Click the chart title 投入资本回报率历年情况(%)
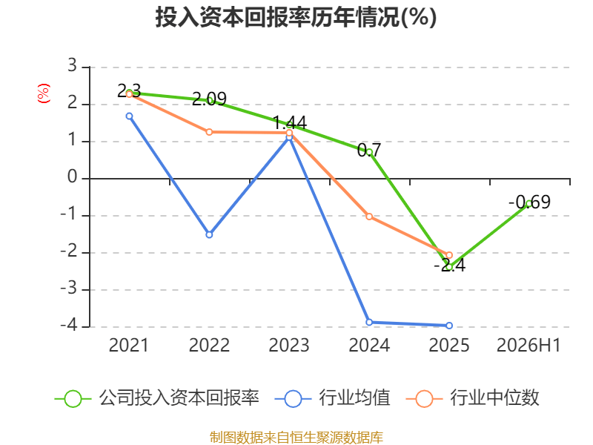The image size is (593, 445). [296, 17]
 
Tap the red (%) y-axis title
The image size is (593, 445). [44, 93]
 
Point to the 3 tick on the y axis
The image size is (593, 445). [72, 66]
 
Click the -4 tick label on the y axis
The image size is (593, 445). [68, 326]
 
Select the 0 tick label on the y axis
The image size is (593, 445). [72, 177]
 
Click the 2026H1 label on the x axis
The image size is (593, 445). [529, 345]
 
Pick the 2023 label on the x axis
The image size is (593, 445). [289, 345]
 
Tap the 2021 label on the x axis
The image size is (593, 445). [129, 345]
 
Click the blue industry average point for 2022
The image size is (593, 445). [209, 234]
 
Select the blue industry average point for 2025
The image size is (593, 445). [449, 326]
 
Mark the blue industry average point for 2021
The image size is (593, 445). [129, 116]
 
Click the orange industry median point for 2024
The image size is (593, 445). [369, 217]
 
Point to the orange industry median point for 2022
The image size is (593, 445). [209, 132]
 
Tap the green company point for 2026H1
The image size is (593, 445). [529, 204]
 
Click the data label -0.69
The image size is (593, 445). [529, 202]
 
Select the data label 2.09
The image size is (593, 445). [210, 99]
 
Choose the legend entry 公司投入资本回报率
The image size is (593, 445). [156, 398]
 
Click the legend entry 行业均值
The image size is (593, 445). [332, 398]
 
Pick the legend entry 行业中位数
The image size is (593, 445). [472, 398]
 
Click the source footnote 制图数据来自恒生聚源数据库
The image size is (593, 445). [296, 437]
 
